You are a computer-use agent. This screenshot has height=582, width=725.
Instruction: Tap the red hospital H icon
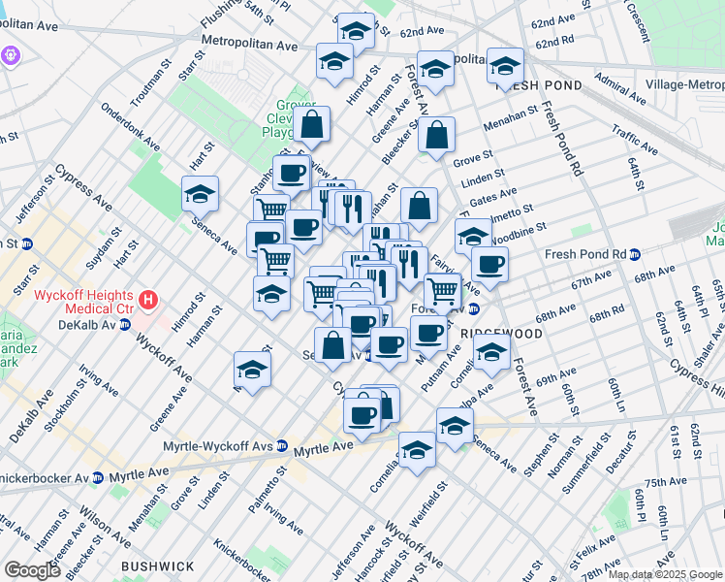coord(147,300)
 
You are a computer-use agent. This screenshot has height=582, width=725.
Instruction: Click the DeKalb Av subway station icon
coord(125,324)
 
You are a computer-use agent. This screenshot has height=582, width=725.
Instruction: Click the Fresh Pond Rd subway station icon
coord(634,255)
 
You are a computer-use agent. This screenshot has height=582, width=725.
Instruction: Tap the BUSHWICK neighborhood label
coord(157,566)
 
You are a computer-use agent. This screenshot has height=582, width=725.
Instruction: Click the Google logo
coord(33,570)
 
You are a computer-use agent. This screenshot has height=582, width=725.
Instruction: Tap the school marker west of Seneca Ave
coord(200,194)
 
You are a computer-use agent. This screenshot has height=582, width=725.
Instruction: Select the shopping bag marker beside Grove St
coord(438,137)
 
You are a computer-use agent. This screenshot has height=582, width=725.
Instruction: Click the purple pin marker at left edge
coord(10,55)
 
